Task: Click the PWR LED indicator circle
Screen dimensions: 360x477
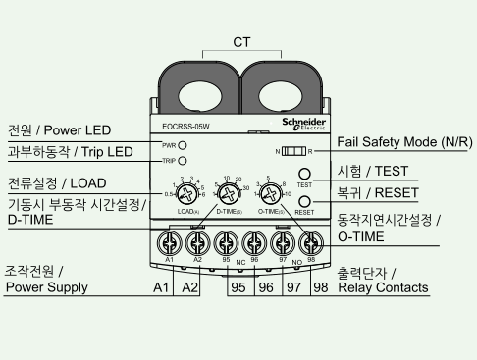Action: point(183,145)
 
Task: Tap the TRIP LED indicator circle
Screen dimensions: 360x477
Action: point(183,158)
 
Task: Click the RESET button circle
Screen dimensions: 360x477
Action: point(304,199)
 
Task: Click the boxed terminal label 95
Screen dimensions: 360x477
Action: point(238,286)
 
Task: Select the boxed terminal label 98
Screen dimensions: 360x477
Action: point(320,286)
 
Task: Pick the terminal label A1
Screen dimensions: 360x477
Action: point(162,286)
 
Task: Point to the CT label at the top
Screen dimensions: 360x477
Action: point(240,42)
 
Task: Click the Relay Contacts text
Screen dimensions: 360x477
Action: point(383,287)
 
